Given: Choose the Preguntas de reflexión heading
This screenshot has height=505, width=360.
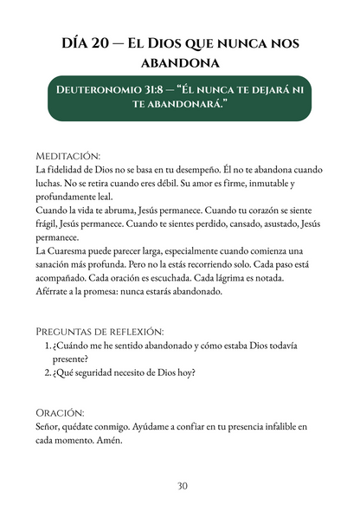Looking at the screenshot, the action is click(100, 332).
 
